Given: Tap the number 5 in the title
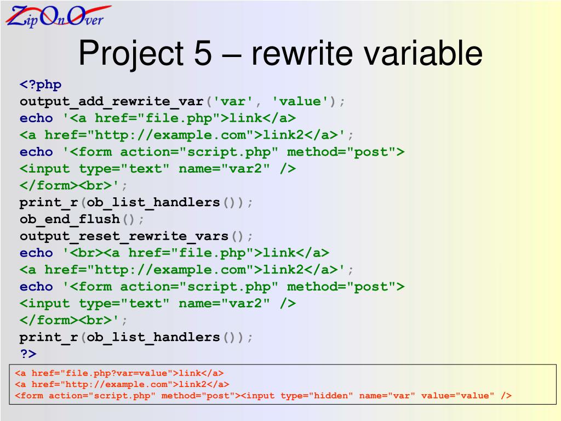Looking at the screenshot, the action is tap(202, 54).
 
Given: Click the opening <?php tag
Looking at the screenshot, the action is tap(41, 84).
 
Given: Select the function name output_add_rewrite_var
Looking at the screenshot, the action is tap(112, 101).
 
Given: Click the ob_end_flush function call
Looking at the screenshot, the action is tap(70, 219).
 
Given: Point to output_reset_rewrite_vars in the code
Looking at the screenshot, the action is tap(124, 236).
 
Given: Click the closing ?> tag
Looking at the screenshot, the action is tap(28, 354).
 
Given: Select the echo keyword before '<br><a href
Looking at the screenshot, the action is tap(36, 253).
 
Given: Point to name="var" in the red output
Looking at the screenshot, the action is tap(387, 395).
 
